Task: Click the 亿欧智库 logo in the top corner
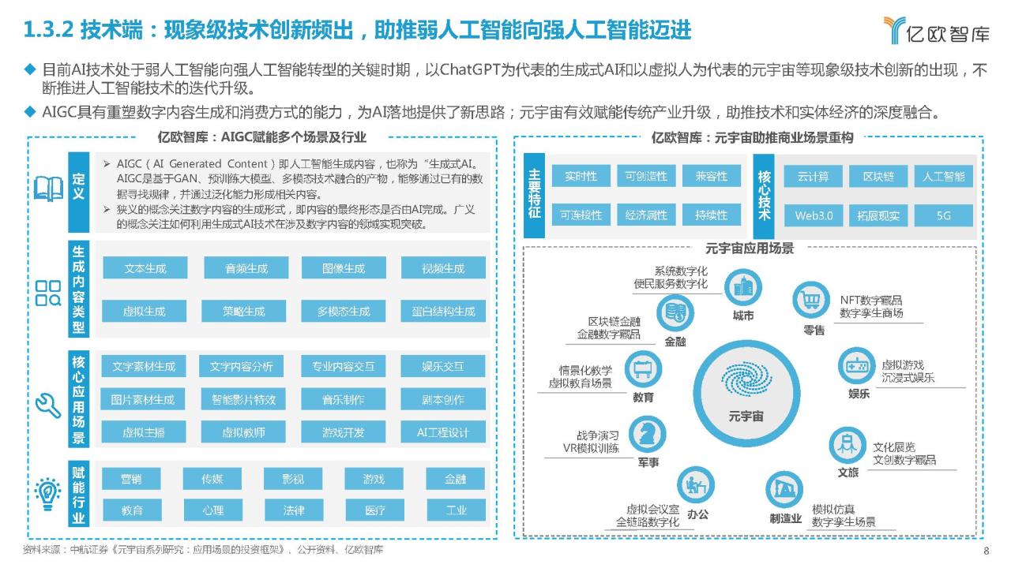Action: point(936,31)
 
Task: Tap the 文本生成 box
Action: point(145,267)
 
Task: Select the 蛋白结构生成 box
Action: point(443,311)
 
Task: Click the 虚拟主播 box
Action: point(144,432)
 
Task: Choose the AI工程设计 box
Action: point(443,432)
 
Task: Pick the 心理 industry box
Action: point(212,510)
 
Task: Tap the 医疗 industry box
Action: point(374,510)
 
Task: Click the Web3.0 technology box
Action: point(814,215)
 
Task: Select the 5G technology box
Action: point(943,215)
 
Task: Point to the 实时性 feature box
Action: point(581,176)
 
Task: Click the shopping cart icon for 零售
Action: point(811,300)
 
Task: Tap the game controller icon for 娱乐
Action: point(856,365)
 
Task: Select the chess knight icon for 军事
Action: point(647,434)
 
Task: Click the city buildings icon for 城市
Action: point(743,287)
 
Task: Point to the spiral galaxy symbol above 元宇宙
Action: point(746,379)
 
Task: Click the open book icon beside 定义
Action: point(48,189)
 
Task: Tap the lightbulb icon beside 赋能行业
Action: point(48,494)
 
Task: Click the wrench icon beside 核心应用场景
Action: point(48,405)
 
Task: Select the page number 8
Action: point(987,551)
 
